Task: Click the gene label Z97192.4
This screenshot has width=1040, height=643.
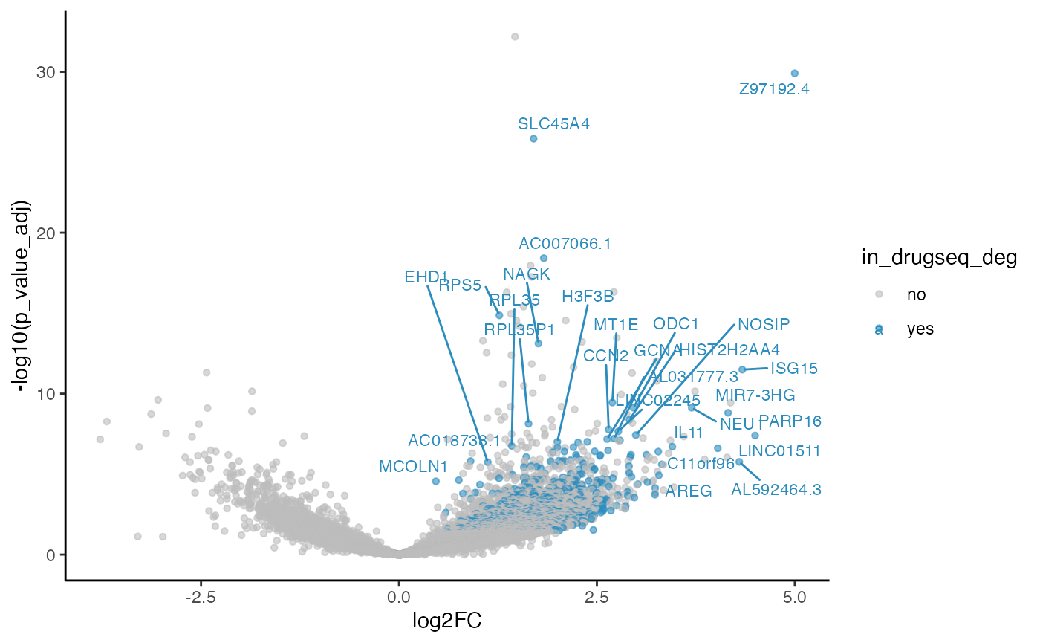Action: click(774, 89)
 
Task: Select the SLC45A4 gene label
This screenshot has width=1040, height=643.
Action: click(554, 124)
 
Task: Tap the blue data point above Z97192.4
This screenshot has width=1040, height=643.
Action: click(794, 73)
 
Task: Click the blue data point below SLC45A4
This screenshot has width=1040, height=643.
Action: click(533, 138)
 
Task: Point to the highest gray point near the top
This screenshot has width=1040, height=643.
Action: click(514, 36)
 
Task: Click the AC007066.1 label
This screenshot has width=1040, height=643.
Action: click(565, 243)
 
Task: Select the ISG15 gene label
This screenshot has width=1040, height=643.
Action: click(794, 368)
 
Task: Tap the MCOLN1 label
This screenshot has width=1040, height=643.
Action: click(414, 467)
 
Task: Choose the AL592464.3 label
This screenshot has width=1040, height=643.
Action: click(776, 490)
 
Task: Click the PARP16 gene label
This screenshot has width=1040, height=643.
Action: click(790, 421)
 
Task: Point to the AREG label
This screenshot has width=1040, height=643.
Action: click(689, 491)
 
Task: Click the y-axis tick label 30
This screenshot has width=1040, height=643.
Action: click(49, 72)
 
